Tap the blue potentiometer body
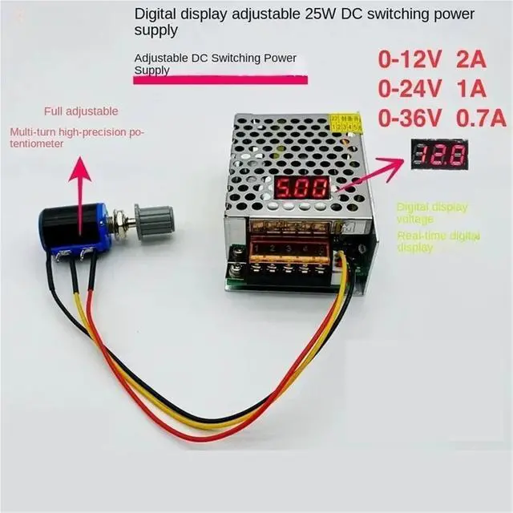pos(98,226)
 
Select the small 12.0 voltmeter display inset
pos(439,154)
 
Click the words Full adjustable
pos(81,111)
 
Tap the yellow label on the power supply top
pos(346,123)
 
